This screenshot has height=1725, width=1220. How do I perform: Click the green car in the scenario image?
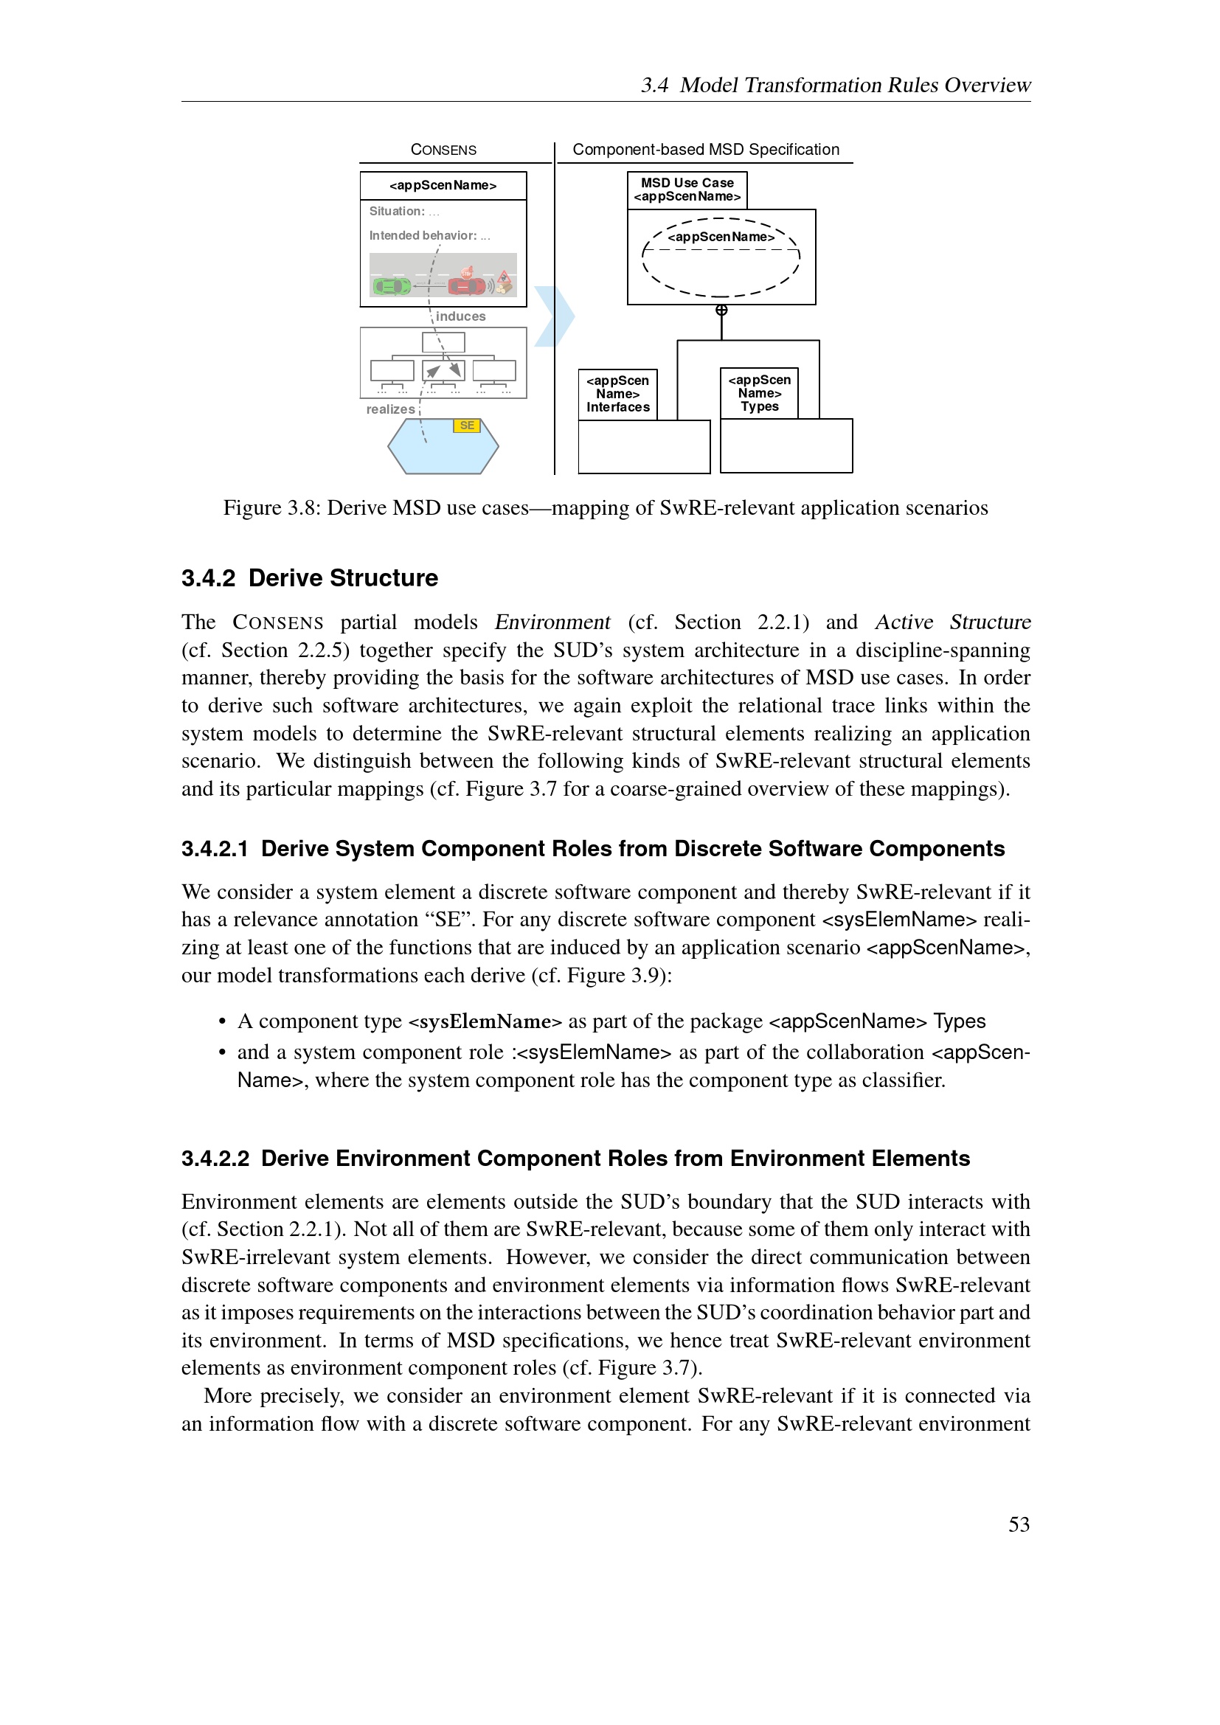(392, 286)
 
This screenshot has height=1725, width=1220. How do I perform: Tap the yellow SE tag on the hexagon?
(466, 426)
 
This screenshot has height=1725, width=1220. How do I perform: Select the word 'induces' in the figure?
(460, 316)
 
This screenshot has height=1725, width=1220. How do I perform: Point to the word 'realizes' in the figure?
(390, 409)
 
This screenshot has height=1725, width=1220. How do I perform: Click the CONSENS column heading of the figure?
(443, 150)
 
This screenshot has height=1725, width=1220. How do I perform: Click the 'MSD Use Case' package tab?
(687, 190)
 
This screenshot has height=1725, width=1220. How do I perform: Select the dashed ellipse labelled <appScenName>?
(721, 257)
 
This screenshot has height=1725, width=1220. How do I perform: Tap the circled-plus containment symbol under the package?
(721, 310)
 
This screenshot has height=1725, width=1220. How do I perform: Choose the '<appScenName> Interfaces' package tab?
(617, 394)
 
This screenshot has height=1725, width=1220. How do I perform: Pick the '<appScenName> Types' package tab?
(759, 393)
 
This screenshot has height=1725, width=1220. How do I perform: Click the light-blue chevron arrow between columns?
(555, 316)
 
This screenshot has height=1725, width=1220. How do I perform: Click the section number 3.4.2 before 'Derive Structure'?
(208, 577)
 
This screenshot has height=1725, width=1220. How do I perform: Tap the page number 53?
(1019, 1524)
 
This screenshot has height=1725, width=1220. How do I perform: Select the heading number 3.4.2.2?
(215, 1159)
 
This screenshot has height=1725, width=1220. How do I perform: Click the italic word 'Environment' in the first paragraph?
(552, 622)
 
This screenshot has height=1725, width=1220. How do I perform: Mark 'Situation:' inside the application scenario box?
(397, 211)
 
